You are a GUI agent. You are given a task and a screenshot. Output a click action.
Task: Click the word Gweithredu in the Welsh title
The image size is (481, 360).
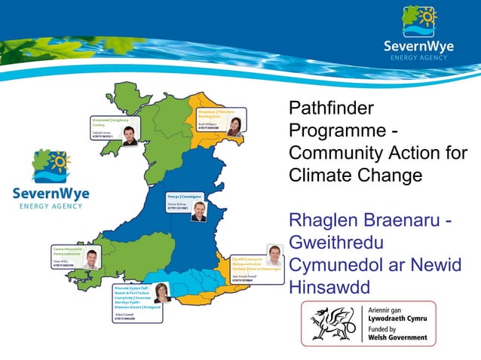coord(336,243)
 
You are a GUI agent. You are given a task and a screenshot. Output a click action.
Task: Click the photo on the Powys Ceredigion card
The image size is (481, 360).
coord(198,212)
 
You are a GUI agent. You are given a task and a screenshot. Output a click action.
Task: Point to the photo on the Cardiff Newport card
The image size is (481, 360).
coord(273,255)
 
